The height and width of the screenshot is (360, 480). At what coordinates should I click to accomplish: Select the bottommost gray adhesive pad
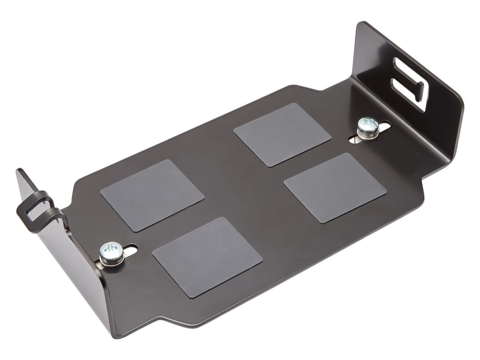(x=207, y=258)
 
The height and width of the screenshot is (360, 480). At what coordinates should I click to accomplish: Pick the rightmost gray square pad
(x=335, y=188)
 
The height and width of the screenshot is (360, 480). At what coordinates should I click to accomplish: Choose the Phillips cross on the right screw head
(x=366, y=122)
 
